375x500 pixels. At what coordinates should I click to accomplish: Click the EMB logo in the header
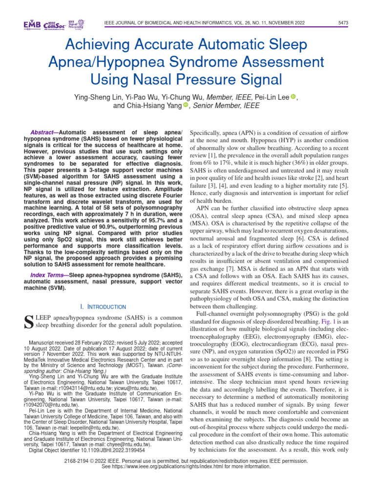(x=32, y=24)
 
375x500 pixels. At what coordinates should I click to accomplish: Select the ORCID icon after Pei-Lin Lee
(x=293, y=97)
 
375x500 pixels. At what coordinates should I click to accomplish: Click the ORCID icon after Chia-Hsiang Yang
(x=186, y=105)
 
